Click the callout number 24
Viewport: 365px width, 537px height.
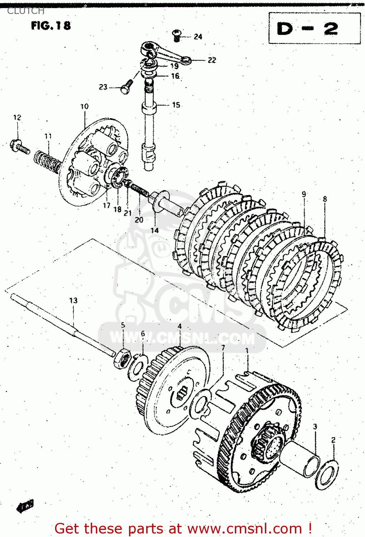(198, 37)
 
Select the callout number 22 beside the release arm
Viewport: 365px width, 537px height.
(212, 60)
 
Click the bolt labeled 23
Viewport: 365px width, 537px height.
(126, 87)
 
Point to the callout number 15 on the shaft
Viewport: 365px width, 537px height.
(176, 105)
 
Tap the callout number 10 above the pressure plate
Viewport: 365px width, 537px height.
(84, 106)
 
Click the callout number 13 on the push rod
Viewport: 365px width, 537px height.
(73, 300)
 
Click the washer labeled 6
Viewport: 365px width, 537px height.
(138, 367)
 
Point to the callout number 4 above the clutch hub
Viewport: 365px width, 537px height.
(179, 326)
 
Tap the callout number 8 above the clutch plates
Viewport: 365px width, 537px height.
(325, 199)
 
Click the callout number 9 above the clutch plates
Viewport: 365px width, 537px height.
(304, 194)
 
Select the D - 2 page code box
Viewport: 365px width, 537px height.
(314, 28)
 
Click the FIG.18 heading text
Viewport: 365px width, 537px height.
(51, 25)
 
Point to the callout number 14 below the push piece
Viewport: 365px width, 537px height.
(154, 230)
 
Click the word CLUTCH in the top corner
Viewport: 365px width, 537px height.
(26, 11)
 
